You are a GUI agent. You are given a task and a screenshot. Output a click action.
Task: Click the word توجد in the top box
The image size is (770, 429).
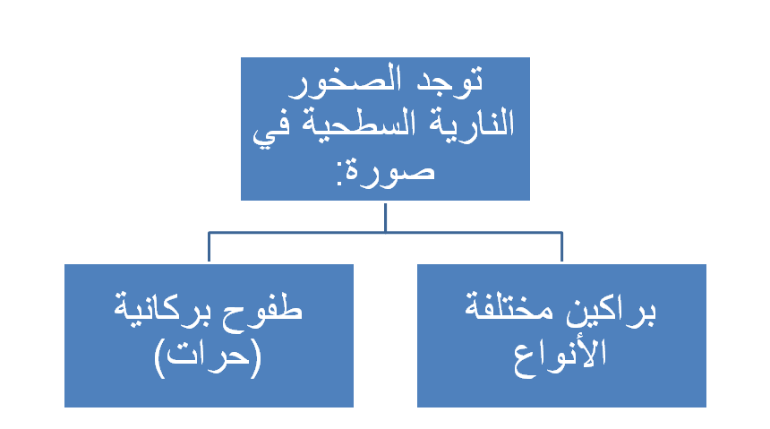[449, 81]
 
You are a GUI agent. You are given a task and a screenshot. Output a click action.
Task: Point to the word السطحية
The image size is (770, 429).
[359, 124]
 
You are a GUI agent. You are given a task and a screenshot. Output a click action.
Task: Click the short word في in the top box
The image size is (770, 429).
[271, 129]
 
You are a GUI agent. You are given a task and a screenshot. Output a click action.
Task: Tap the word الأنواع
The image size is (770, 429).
[560, 355]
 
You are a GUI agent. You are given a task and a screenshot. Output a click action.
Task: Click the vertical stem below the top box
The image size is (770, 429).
[386, 218]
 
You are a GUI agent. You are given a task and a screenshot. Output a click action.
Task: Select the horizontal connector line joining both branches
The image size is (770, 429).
[386, 233]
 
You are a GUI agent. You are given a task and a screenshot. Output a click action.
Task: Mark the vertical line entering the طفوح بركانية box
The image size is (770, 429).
[210, 247]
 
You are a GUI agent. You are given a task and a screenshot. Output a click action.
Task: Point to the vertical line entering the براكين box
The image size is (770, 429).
[561, 247]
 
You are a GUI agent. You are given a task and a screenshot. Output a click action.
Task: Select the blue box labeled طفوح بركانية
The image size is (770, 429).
[210, 336]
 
